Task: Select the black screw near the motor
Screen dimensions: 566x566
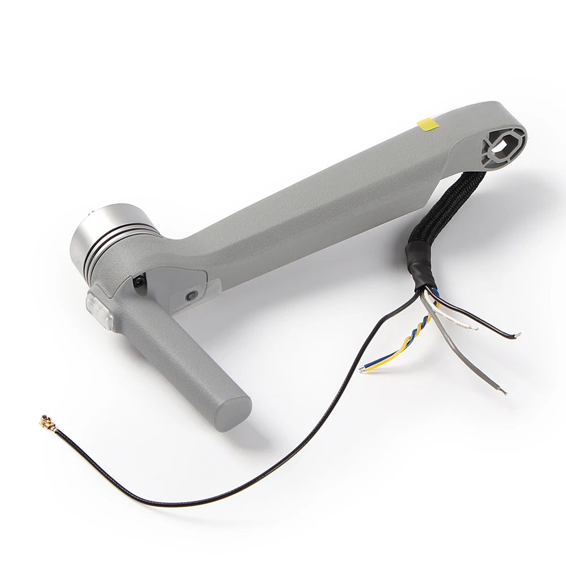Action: pos(138,281)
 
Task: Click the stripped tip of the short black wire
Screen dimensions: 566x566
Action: pos(516,336)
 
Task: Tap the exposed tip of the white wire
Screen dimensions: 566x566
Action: pos(472,327)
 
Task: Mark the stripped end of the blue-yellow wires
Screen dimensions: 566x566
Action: pos(362,370)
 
